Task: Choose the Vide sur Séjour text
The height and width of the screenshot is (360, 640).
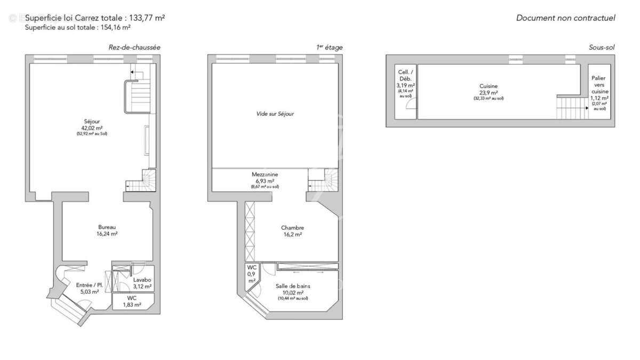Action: pyautogui.click(x=275, y=114)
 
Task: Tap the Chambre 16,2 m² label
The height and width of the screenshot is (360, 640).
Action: pyautogui.click(x=293, y=231)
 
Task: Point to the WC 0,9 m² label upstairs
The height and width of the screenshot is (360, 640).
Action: pyautogui.click(x=251, y=274)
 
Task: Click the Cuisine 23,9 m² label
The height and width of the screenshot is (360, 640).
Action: pyautogui.click(x=489, y=89)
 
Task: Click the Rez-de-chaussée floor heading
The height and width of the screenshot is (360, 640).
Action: pyautogui.click(x=134, y=47)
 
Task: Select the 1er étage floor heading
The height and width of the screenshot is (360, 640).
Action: pyautogui.click(x=329, y=47)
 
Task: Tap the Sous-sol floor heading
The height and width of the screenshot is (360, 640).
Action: pyautogui.click(x=602, y=47)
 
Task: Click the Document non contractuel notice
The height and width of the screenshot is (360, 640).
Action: pyautogui.click(x=565, y=18)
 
